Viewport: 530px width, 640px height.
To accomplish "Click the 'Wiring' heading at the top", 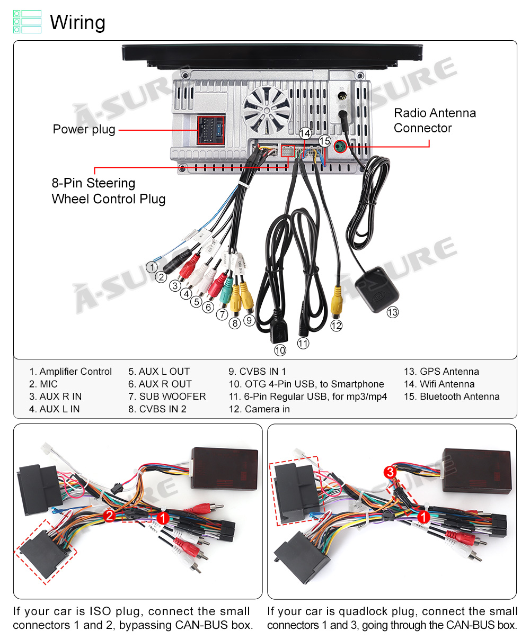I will pos(77,23).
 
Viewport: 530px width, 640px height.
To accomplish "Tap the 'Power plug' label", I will pos(84,129).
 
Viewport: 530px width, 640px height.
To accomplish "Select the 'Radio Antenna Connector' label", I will pos(434,120).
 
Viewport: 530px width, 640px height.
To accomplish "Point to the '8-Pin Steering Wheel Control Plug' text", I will pos(108,191).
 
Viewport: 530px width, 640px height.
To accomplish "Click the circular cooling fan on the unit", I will pos(267,109).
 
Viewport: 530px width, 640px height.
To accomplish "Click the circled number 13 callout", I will pos(392,312).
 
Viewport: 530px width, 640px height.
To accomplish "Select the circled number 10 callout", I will pos(280,350).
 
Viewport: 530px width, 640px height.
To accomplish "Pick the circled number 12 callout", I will pos(336,326).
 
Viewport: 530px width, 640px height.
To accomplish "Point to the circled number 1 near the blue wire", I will pos(152,267).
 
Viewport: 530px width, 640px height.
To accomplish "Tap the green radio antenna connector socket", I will pos(340,146).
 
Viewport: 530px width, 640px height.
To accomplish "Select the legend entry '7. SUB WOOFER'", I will pos(167,396).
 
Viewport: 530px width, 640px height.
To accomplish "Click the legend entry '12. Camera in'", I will pos(259,409).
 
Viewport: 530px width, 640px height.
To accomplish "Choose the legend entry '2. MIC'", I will pos(43,384).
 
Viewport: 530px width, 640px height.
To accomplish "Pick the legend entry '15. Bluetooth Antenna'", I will pos(452,396).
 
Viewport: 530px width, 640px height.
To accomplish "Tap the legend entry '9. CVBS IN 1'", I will pos(257,372).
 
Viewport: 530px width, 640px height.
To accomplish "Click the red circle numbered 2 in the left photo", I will pos(110,516).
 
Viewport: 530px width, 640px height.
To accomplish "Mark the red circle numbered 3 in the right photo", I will pos(390,472).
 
